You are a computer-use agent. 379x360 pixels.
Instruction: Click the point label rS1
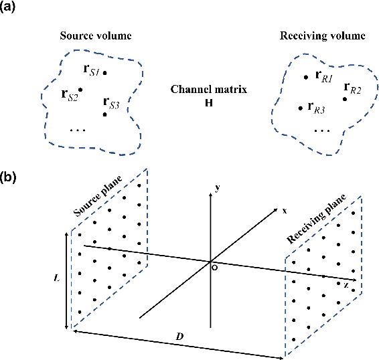[90, 70]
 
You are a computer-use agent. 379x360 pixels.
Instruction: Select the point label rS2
[68, 95]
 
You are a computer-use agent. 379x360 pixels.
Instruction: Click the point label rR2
[352, 88]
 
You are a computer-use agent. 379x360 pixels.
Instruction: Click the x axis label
[284, 211]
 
